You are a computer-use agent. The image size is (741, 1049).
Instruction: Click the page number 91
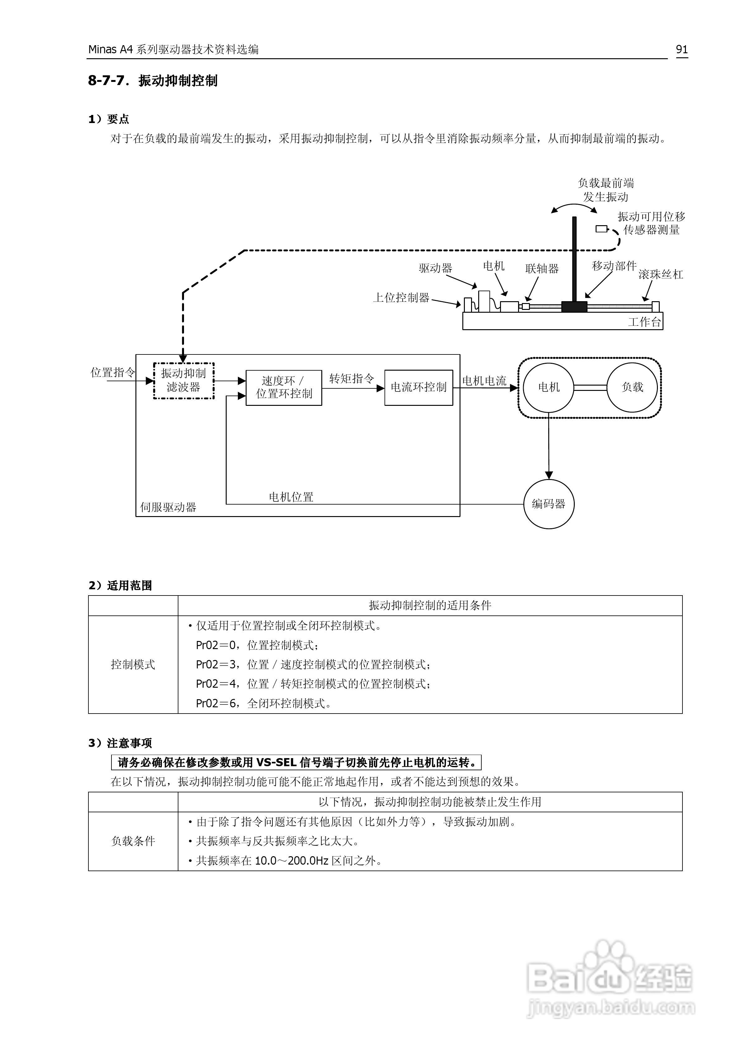point(682,49)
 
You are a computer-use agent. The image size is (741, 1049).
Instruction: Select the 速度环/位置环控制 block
point(284,387)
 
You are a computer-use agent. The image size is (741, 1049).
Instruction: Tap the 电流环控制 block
point(418,387)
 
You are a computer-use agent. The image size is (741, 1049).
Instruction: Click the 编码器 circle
point(548,504)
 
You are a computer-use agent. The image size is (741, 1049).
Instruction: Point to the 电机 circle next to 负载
point(548,387)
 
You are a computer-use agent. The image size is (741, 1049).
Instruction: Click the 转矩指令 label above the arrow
point(351,378)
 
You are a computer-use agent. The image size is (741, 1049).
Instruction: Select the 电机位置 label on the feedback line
point(291,497)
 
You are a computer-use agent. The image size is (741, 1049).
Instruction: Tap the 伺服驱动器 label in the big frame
point(168,507)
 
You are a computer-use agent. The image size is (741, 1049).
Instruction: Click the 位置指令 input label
point(112,373)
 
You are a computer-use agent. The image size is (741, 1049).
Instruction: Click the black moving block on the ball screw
point(574,306)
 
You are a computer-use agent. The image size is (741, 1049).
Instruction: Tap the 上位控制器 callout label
point(401,298)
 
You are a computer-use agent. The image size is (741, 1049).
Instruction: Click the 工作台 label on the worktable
point(644,322)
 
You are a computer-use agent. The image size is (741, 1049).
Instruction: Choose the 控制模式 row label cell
point(133,664)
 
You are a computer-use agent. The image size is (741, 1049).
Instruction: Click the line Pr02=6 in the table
point(263,703)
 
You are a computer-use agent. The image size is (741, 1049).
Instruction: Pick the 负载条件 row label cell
point(133,841)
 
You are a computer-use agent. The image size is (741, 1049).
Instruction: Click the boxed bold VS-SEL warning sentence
point(296,762)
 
